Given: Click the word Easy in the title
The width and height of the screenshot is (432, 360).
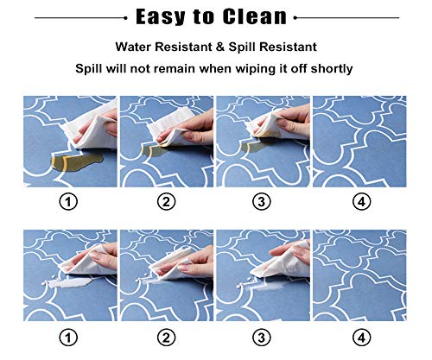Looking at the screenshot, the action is (x=161, y=17).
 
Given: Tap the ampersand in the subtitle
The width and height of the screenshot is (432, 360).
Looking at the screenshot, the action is (x=220, y=47).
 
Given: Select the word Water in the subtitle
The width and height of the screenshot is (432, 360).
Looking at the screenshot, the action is (x=134, y=47).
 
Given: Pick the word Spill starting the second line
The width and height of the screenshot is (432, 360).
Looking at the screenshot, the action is (x=89, y=69).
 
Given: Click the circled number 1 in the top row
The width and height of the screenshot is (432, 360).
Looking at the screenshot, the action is (x=68, y=202).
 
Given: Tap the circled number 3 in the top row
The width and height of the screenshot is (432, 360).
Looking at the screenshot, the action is (x=262, y=202).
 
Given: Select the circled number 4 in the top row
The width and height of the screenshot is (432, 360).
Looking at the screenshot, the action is (x=362, y=202).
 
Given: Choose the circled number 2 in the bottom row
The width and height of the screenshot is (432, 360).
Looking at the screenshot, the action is (x=166, y=338).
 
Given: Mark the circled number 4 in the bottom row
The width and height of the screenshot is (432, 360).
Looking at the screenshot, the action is (x=362, y=338).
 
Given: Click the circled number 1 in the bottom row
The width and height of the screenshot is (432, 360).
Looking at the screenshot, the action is (x=68, y=338).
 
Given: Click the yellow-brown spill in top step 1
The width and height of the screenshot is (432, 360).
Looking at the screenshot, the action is (x=76, y=161).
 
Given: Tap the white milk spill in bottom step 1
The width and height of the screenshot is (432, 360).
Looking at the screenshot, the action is (x=69, y=283).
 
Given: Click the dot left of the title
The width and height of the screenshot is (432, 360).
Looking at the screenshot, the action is (x=125, y=18).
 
